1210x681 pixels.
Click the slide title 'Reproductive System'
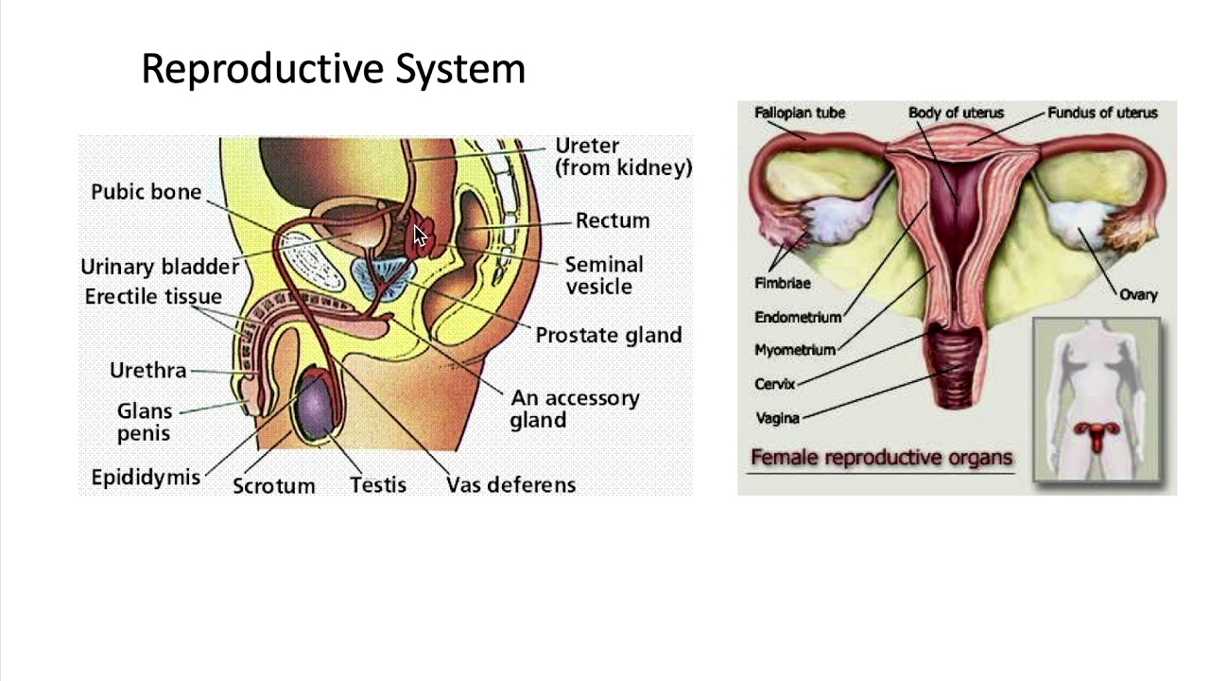(333, 69)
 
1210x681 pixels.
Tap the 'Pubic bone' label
(147, 192)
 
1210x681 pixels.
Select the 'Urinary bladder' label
(159, 267)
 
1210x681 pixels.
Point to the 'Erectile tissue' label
(153, 297)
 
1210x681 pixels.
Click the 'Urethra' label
(148, 371)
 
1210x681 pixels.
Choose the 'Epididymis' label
(146, 478)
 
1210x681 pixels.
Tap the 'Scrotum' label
(274, 486)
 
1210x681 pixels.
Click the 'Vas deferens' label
(510, 485)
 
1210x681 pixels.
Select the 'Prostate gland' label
(608, 335)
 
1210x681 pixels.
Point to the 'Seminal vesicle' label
(604, 275)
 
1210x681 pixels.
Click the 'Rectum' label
(613, 220)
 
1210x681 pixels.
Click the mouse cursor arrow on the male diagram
(420, 236)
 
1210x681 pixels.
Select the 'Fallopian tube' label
(800, 113)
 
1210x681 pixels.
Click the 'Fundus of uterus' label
(1102, 113)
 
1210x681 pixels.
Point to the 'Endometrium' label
(798, 317)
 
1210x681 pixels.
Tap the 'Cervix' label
(775, 384)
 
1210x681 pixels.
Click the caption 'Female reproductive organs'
(881, 458)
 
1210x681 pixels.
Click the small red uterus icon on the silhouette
(1097, 435)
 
